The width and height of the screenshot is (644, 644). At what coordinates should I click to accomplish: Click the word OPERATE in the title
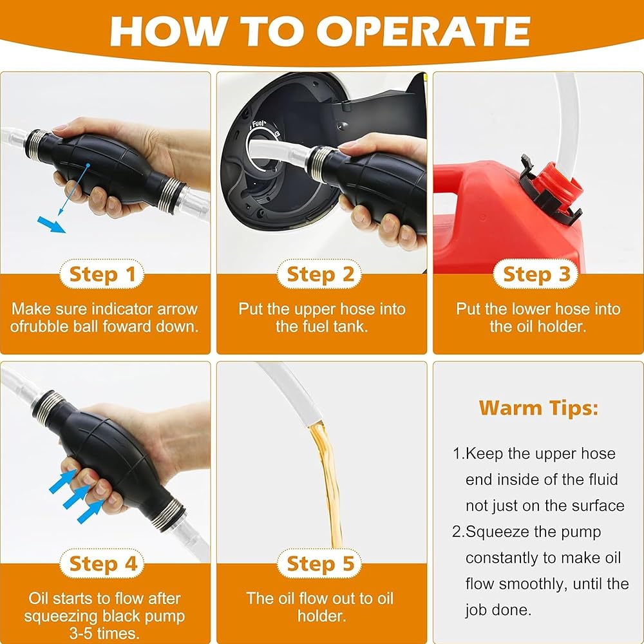click(x=422, y=32)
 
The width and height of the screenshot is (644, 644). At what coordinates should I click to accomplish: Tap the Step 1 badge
click(x=102, y=274)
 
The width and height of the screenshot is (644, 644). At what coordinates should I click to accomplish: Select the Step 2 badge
click(x=319, y=274)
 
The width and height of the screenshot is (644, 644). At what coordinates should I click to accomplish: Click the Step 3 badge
click(x=536, y=274)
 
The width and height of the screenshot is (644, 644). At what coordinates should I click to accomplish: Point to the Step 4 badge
click(x=102, y=563)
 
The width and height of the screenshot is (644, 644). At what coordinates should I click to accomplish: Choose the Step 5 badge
click(x=319, y=563)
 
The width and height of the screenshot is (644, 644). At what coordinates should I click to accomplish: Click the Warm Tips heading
click(x=538, y=408)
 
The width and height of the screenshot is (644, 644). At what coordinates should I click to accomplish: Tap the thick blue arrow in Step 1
click(x=52, y=225)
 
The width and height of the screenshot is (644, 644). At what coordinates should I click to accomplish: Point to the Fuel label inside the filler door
click(x=259, y=124)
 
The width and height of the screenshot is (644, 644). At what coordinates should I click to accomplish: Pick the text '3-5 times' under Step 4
click(x=104, y=633)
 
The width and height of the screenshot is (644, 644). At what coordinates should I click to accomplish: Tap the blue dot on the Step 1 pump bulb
click(x=88, y=166)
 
